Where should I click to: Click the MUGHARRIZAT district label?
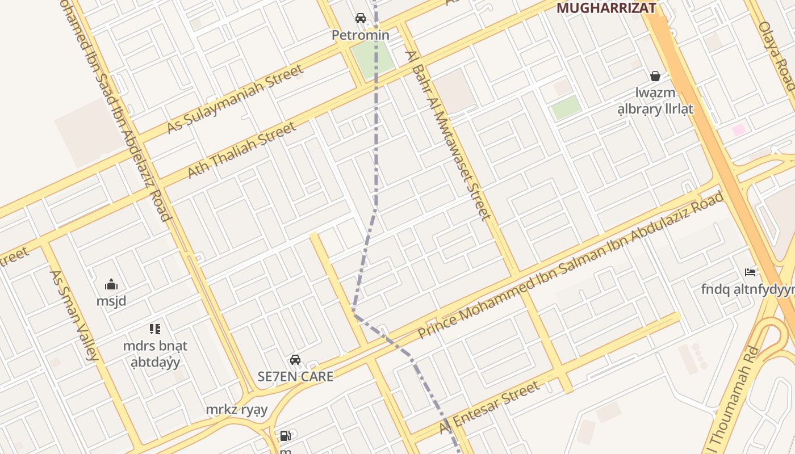tap(606, 8)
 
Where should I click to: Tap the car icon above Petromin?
tap(361, 18)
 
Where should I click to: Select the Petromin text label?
tap(361, 35)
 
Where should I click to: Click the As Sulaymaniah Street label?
tap(235, 99)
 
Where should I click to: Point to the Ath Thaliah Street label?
tap(242, 149)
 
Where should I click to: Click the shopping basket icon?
tap(655, 76)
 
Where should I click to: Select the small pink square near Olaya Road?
tap(738, 130)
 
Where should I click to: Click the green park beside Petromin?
tap(373, 59)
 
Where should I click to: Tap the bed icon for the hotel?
tap(750, 272)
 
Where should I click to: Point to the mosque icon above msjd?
tap(111, 284)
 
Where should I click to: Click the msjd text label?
tap(111, 301)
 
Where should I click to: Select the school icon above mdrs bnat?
tap(155, 329)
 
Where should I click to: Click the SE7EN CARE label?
tap(295, 376)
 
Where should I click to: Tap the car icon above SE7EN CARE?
tap(295, 360)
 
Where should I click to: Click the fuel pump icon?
tap(285, 436)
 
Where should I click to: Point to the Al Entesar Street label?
tap(489, 407)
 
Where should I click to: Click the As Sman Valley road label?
tap(74, 315)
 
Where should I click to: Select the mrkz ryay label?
tap(236, 410)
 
